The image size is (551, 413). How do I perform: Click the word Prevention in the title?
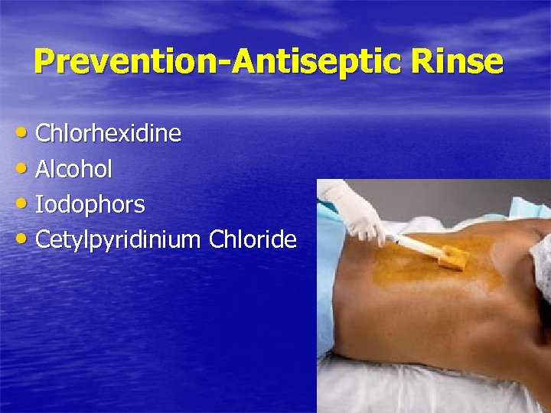point(127,61)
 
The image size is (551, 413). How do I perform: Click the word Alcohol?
point(74,169)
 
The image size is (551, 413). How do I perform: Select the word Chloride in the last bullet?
point(252,239)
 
